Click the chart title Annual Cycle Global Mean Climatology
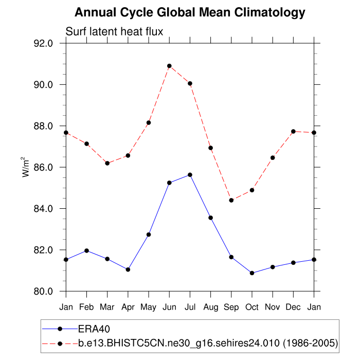tap(190, 12)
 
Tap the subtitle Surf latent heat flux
tap(114, 32)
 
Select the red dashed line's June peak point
tap(169, 66)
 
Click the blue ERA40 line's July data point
tap(190, 175)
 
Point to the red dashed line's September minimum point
tap(231, 200)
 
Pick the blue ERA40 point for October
tap(252, 273)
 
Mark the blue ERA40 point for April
tap(128, 269)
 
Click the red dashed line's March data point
tap(107, 163)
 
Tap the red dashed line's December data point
tap(294, 132)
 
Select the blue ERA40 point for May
tap(149, 235)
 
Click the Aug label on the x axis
tap(210, 307)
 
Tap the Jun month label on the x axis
tap(169, 307)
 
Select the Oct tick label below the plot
tap(252, 307)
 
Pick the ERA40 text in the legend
tap(95, 329)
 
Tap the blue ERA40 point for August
tap(210, 218)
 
